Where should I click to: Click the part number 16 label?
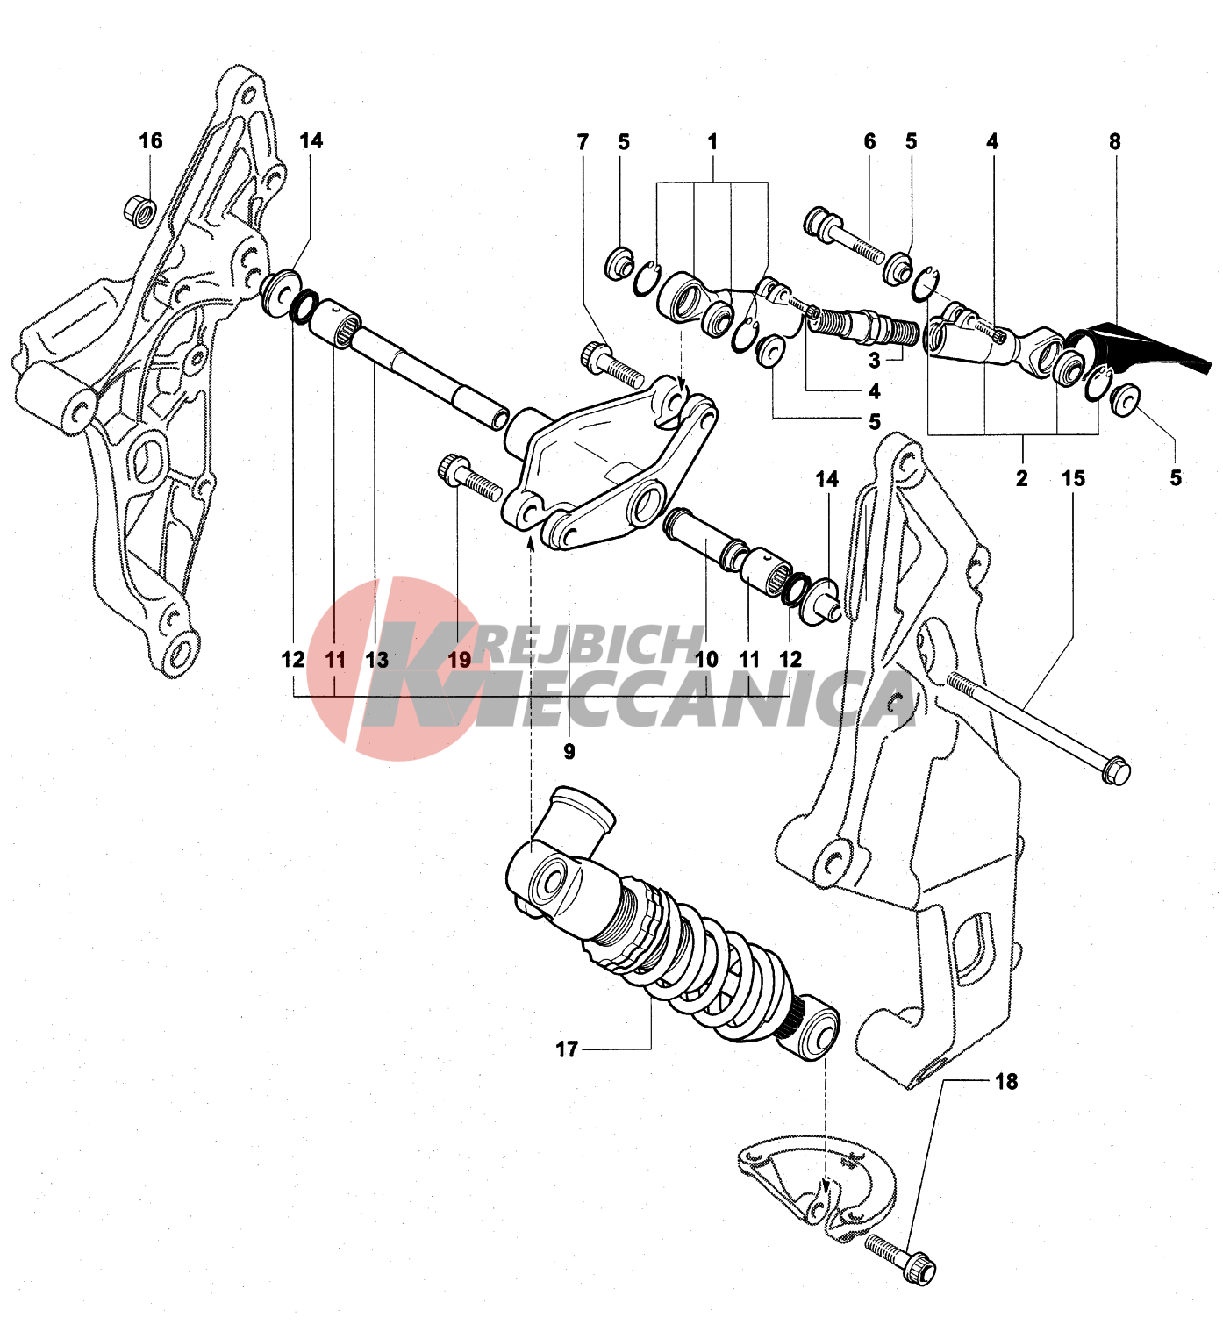point(151,141)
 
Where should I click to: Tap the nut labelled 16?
point(139,211)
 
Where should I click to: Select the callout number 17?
point(567,1049)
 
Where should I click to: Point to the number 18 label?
point(1006,1082)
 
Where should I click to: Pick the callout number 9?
point(569,752)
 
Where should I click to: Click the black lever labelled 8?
point(1141,347)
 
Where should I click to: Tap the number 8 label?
point(1114,141)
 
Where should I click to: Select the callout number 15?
point(1073,479)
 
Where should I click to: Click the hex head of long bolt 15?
point(1116,771)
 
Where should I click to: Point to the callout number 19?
point(460,660)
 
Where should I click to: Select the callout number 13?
point(376,660)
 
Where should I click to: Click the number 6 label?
point(869,141)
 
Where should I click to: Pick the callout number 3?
point(875,360)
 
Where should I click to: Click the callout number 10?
point(706,660)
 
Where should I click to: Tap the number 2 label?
point(1021,479)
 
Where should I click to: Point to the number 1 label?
point(712,141)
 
